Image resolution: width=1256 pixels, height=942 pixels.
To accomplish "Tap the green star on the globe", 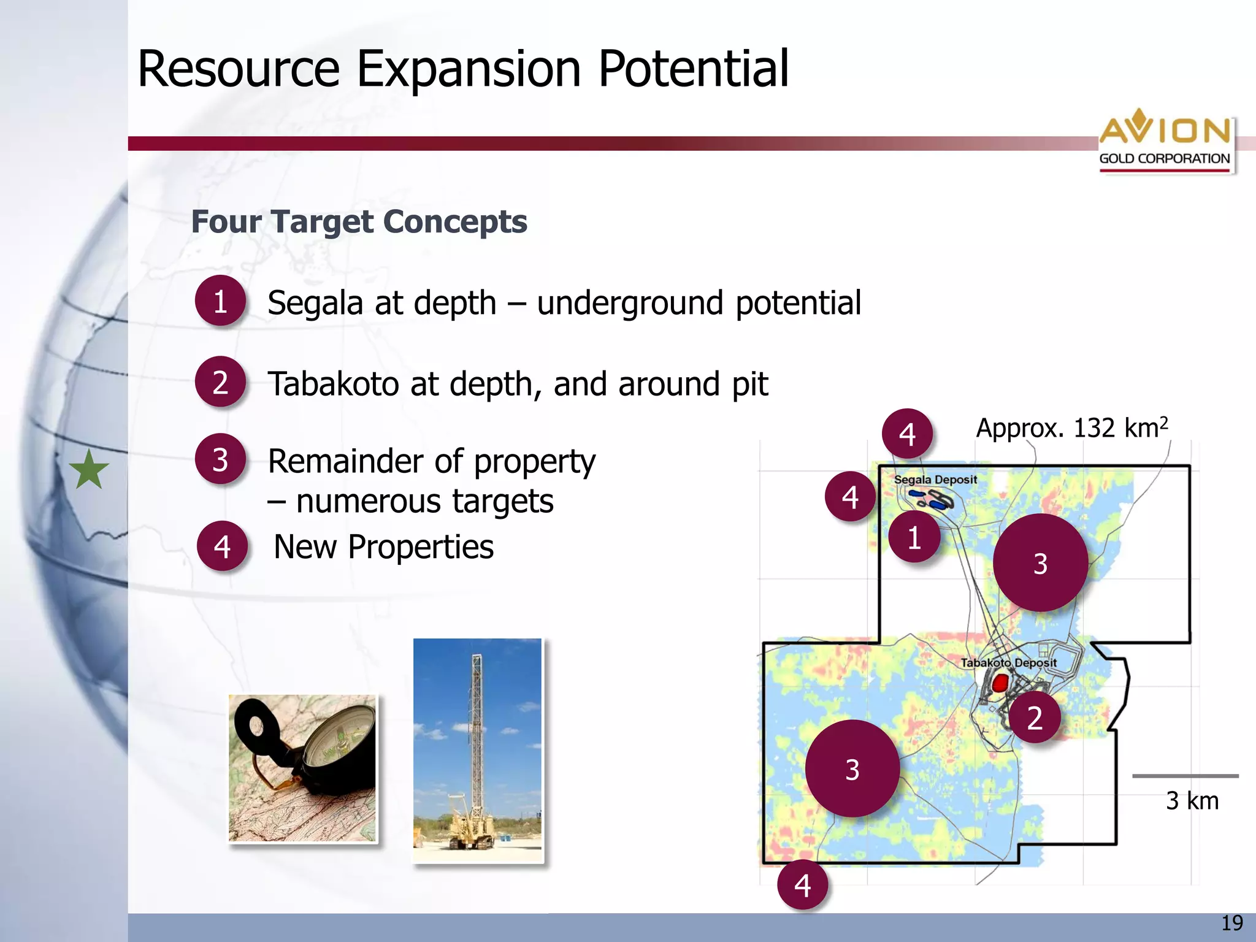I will [x=89, y=470].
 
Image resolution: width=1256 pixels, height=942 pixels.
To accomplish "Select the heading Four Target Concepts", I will [x=359, y=221].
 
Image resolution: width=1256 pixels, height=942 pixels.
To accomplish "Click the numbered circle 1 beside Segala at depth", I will [x=220, y=301].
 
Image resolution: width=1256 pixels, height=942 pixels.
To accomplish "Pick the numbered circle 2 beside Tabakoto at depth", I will [x=220, y=382].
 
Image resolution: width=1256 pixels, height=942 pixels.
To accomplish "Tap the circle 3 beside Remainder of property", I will [x=220, y=459].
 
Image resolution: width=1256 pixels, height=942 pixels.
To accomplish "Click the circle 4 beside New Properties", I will [x=222, y=546].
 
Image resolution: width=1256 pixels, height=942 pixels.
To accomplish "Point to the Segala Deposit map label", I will [x=935, y=480].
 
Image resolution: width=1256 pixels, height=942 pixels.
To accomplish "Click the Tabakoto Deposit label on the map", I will [x=1008, y=663].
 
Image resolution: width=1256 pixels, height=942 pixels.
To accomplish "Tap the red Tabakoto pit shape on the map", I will [x=1000, y=683].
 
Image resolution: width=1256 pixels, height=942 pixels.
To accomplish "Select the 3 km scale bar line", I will [x=1185, y=776].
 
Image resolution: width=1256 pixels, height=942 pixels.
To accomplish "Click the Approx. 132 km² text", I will [x=1071, y=427].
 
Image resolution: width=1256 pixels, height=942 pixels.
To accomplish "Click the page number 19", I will [x=1231, y=923].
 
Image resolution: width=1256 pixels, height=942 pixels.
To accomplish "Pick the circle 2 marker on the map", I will [x=1035, y=718].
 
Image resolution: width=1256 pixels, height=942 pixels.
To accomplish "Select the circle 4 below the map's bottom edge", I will [x=802, y=884].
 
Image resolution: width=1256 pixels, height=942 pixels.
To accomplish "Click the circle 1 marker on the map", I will [x=914, y=538].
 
